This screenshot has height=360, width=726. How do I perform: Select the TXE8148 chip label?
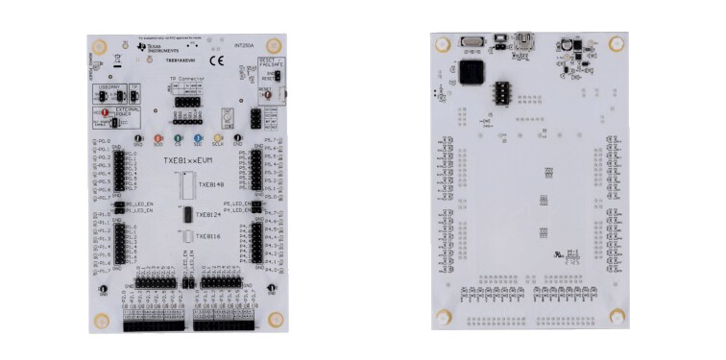[210, 184]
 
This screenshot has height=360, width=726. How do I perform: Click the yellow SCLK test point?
[218, 139]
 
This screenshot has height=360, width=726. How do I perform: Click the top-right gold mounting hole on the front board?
[274, 46]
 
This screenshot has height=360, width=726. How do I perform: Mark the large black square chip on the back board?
[471, 72]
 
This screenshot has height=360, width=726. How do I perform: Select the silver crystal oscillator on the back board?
[472, 40]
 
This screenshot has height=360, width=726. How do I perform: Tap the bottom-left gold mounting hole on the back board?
[444, 317]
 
